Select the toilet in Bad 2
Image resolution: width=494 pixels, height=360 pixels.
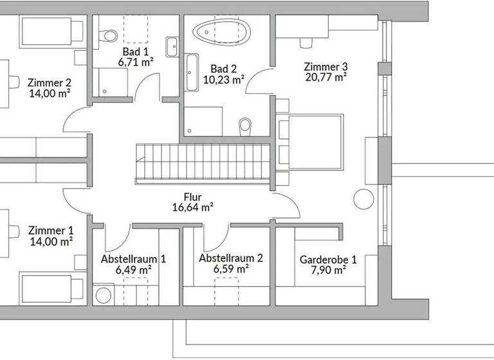(244, 126)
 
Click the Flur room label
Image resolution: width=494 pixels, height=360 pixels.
(192, 197)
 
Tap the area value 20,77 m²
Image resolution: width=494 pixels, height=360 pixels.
(325, 77)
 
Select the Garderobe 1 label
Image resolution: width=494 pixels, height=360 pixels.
(328, 260)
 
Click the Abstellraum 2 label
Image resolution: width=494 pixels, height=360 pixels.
(230, 258)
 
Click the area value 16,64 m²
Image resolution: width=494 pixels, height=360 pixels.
(192, 207)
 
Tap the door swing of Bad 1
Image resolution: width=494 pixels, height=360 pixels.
(145, 87)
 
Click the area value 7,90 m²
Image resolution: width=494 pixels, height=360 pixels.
(328, 270)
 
